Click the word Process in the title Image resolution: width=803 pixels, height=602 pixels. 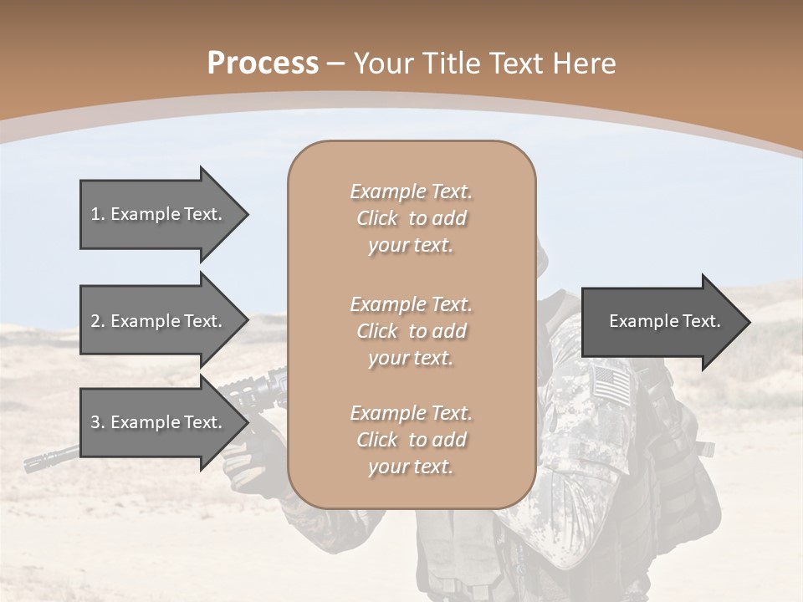pyautogui.click(x=263, y=64)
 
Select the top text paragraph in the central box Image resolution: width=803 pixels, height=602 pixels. pyautogui.click(x=411, y=218)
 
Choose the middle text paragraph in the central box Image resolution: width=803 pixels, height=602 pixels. pyautogui.click(x=411, y=331)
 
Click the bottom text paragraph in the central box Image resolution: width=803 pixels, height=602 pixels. pyautogui.click(x=411, y=440)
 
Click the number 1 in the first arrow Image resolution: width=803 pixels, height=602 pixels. pyautogui.click(x=95, y=214)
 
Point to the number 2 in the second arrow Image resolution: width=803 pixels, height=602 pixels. pyautogui.click(x=95, y=321)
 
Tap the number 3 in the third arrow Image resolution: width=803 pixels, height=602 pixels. pyautogui.click(x=95, y=422)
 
